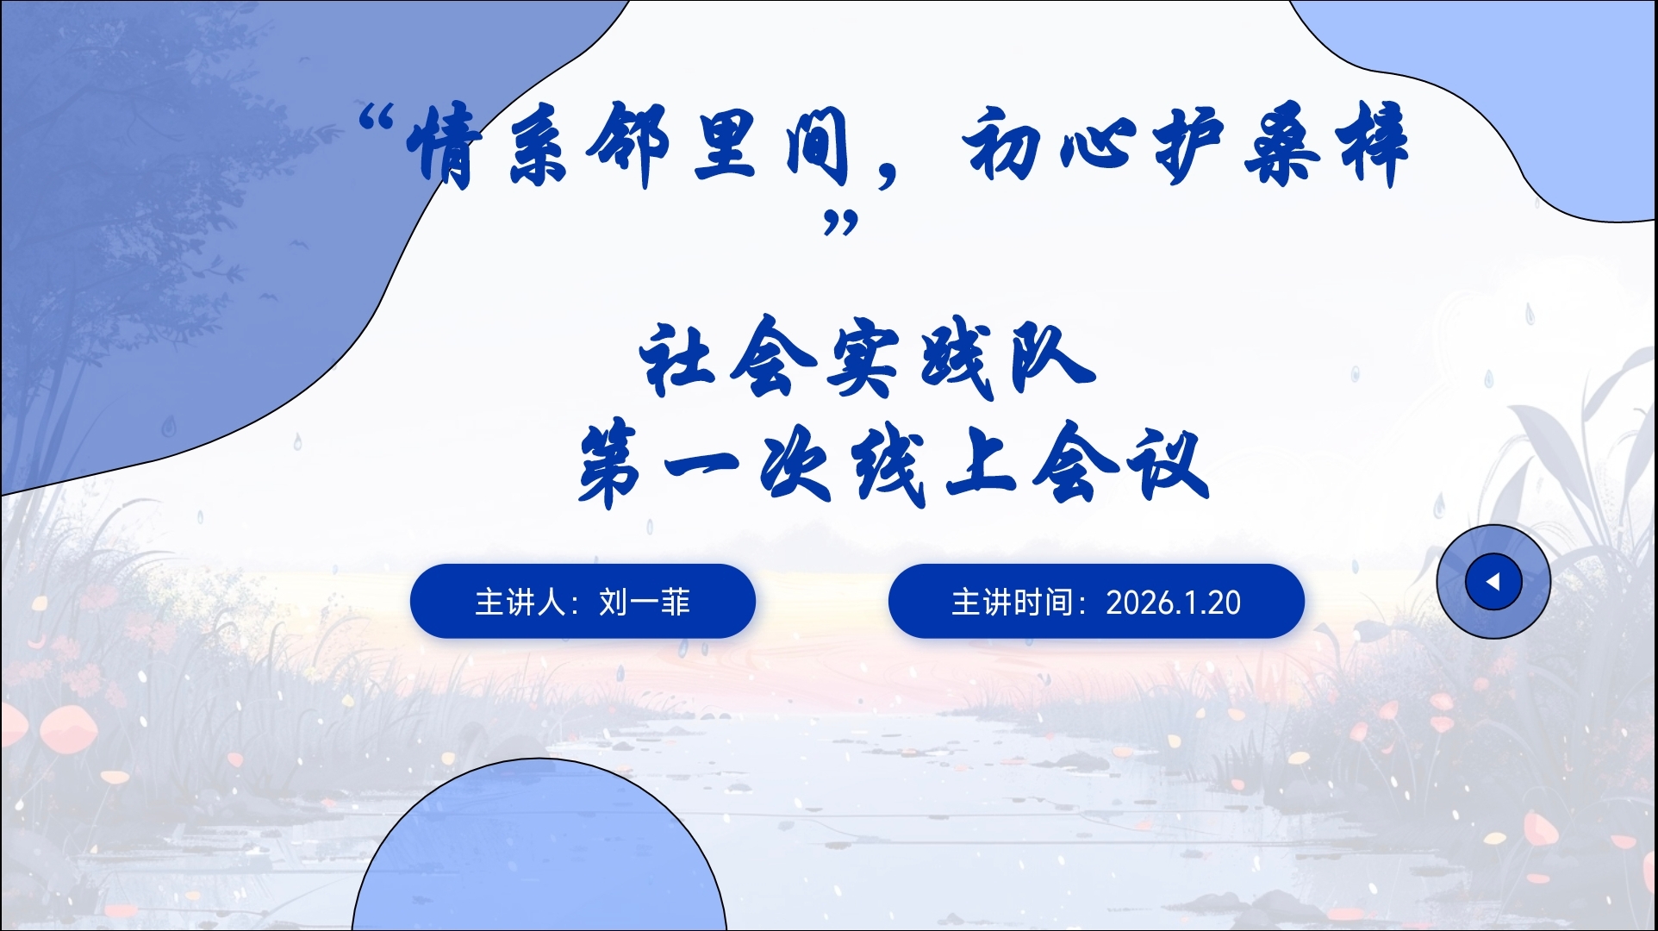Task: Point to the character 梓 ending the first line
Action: point(1370,143)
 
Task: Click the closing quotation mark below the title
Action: point(841,223)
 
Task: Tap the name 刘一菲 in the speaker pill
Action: point(645,602)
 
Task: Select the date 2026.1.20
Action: point(1173,603)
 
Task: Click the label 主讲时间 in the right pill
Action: point(1012,602)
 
